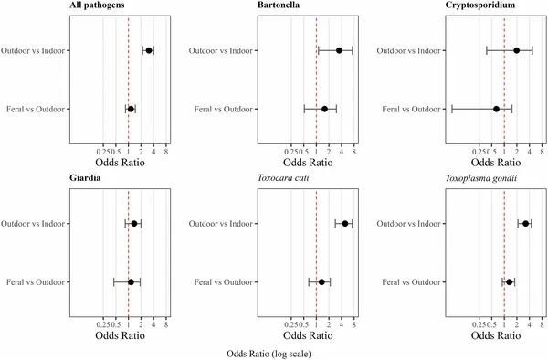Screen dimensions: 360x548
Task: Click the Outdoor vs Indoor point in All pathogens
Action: click(x=149, y=50)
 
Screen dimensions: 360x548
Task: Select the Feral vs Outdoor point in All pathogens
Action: click(x=131, y=109)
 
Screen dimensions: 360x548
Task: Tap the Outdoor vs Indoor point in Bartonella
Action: click(x=339, y=50)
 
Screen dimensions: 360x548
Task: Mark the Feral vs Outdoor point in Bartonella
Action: click(x=324, y=109)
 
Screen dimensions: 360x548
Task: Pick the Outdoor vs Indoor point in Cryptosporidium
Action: click(x=517, y=50)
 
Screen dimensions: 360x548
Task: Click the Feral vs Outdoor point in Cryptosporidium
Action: click(x=496, y=109)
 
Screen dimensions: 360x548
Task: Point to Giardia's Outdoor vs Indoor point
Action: click(x=134, y=223)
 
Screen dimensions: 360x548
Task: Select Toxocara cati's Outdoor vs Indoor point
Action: click(x=344, y=223)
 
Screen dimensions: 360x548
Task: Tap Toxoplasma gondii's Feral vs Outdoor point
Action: click(x=509, y=281)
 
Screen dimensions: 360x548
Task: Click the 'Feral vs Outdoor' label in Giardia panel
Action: click(x=34, y=281)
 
